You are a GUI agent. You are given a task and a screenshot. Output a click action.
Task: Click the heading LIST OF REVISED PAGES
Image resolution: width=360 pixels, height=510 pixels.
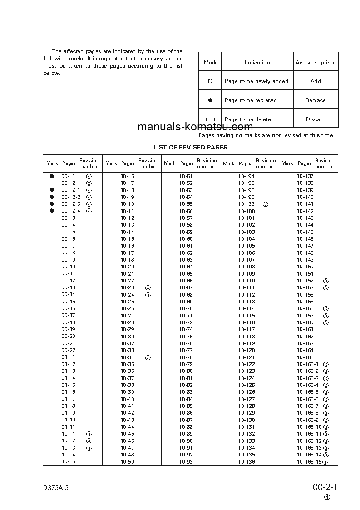[x=190, y=147]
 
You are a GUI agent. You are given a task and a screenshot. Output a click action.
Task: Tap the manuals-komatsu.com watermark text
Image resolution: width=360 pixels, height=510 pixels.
[x=195, y=127]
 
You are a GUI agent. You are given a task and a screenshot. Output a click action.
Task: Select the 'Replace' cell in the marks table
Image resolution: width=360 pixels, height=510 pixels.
[x=315, y=100]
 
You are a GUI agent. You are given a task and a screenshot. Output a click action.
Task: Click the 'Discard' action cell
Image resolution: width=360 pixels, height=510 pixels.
[x=315, y=119]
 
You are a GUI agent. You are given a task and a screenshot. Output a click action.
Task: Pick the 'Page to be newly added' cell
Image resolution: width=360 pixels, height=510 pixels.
[x=256, y=81]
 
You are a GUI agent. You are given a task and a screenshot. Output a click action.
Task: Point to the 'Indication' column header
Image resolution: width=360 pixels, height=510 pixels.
[x=257, y=63]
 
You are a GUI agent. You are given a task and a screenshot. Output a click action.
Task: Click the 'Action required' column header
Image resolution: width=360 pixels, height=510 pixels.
[x=316, y=63]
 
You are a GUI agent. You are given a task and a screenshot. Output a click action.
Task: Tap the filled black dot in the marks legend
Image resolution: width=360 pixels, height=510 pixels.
[x=210, y=100]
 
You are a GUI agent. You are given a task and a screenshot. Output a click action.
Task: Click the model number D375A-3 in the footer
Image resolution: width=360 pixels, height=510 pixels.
[x=56, y=488]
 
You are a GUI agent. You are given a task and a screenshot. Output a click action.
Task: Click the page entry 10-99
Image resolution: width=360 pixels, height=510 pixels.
[x=247, y=204]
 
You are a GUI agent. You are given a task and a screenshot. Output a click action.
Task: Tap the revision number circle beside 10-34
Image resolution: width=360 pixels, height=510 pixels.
[x=148, y=357]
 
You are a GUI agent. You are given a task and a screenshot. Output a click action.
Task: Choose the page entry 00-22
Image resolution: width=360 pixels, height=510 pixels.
[x=69, y=350]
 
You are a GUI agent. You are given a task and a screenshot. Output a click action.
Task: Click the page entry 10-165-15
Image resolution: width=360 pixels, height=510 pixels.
[x=309, y=462]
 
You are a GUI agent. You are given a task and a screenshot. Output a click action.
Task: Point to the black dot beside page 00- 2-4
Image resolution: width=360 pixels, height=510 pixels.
[x=52, y=211]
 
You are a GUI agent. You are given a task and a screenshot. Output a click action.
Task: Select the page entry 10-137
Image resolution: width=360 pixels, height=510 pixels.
[x=305, y=176]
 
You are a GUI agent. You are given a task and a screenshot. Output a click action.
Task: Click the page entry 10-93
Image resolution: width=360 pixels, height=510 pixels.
[x=186, y=462]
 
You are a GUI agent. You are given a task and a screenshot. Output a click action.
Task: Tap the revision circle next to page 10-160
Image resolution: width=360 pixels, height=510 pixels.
[x=325, y=322]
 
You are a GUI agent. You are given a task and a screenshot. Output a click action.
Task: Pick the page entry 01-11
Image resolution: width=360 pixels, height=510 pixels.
[x=69, y=427]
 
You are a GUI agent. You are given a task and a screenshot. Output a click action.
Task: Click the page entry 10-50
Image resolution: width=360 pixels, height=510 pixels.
[x=128, y=462]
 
